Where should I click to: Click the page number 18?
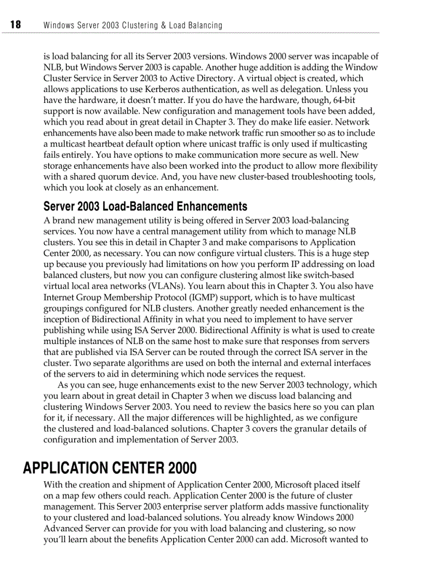[15, 25]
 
